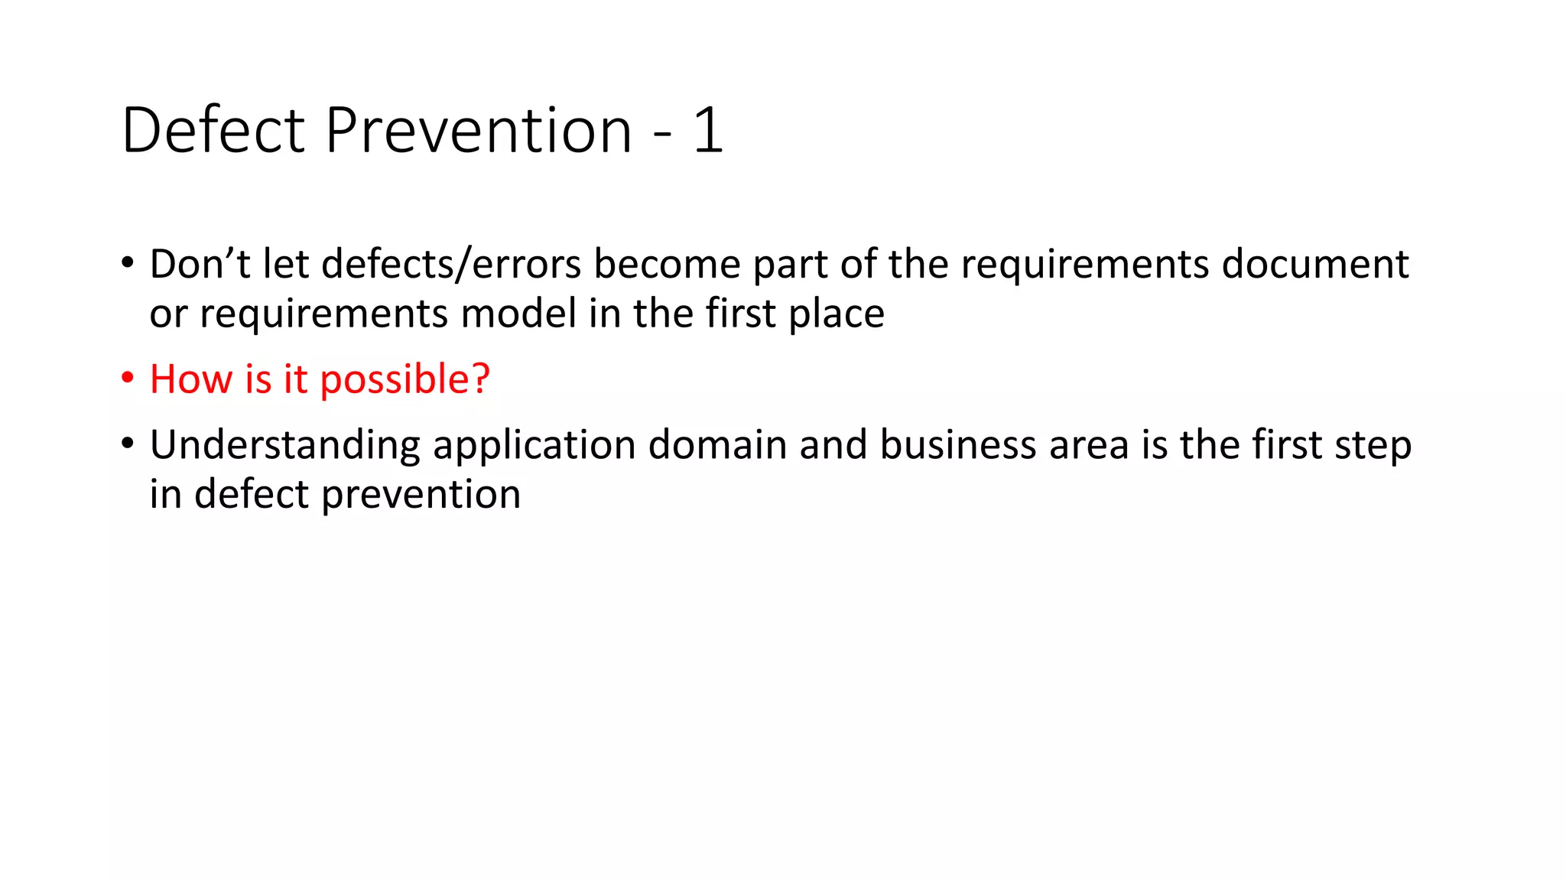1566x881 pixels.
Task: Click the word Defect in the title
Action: (213, 130)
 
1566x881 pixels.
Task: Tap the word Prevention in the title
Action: (478, 130)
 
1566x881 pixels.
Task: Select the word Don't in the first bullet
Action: (200, 264)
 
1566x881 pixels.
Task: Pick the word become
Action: (667, 265)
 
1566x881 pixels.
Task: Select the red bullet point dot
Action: (128, 378)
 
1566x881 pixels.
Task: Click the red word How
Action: (190, 379)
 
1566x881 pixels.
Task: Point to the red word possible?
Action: (404, 380)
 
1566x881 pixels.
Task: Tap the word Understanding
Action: (284, 446)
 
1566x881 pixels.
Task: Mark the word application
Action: (534, 446)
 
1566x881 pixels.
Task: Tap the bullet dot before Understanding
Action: (128, 444)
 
